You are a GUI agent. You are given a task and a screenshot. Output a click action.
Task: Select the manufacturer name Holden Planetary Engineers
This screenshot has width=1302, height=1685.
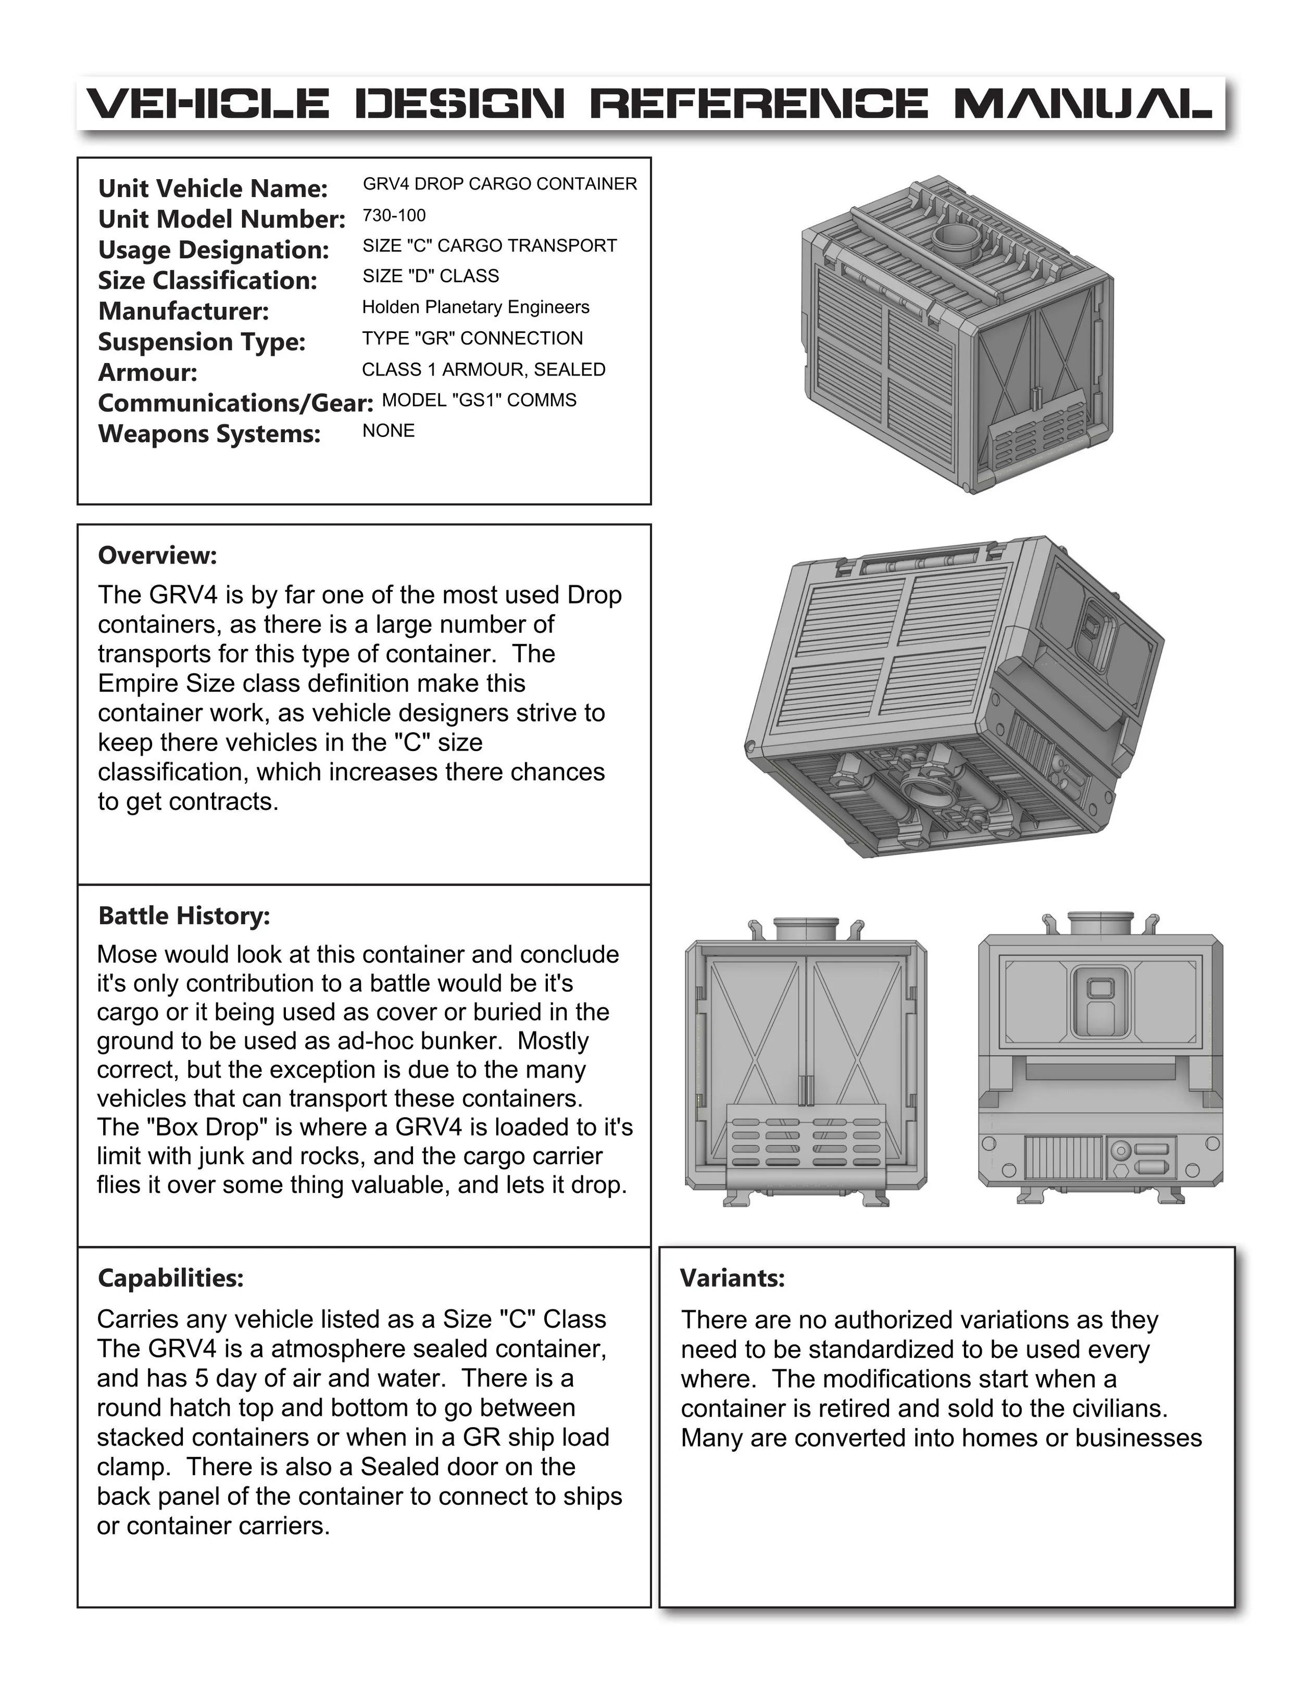(475, 307)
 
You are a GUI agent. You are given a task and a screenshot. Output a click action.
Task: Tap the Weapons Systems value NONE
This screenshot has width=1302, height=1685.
(388, 431)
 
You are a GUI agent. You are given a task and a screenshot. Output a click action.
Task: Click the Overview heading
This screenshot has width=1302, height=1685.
(157, 555)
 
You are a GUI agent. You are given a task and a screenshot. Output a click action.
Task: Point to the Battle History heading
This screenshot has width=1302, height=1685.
(183, 916)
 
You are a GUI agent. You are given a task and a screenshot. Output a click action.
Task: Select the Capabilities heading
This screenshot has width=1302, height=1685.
(170, 1278)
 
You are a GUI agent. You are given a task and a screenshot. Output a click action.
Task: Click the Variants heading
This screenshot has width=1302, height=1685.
(732, 1278)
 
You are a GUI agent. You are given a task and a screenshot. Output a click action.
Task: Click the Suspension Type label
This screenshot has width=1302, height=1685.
(202, 342)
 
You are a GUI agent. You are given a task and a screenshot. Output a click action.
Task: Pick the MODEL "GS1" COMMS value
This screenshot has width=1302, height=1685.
(479, 400)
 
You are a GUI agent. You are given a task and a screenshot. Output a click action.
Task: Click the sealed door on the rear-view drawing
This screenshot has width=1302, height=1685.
(1100, 1000)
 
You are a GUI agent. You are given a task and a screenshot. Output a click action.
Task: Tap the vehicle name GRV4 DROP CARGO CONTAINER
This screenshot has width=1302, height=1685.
(500, 184)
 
